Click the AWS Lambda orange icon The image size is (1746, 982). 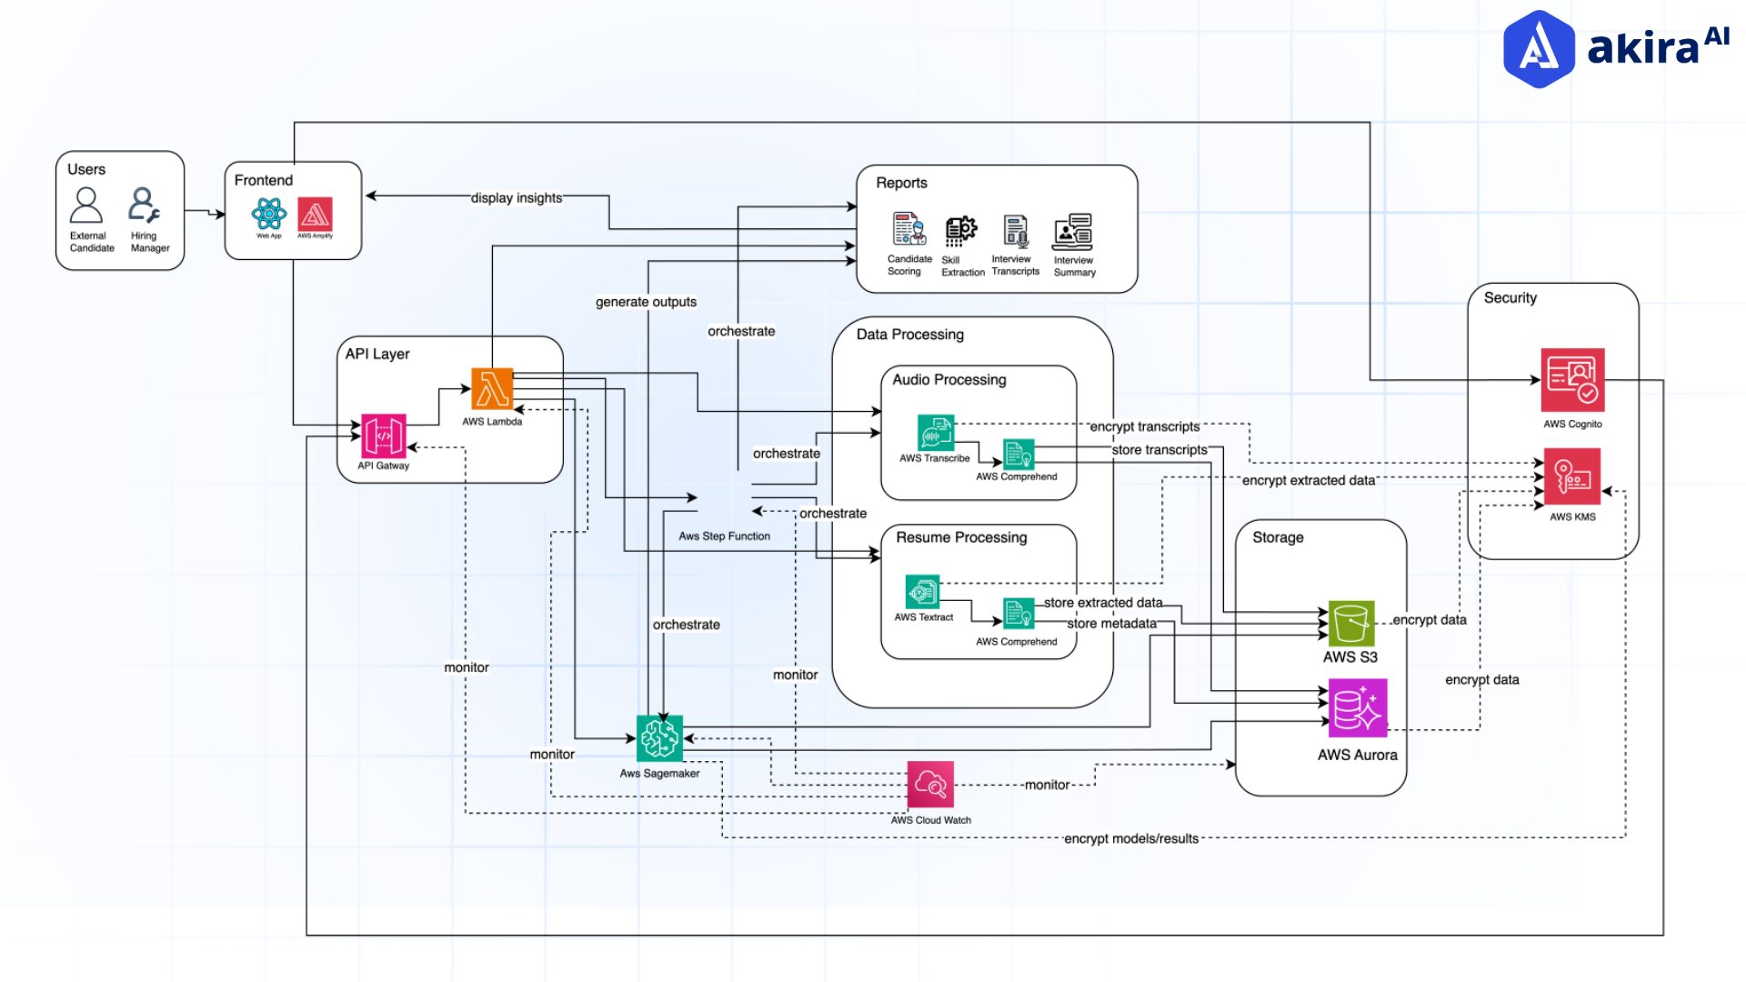click(x=492, y=389)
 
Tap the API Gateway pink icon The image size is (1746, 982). click(x=383, y=436)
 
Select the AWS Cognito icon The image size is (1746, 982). click(x=1572, y=380)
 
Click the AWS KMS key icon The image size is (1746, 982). click(x=1572, y=476)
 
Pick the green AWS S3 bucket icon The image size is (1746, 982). click(x=1350, y=623)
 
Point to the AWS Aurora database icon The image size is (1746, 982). click(x=1358, y=708)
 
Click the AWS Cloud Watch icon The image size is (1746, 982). click(x=930, y=784)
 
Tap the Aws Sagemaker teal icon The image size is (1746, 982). click(x=659, y=737)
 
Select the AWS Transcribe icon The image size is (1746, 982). click(x=935, y=433)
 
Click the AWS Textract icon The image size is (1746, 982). click(x=922, y=592)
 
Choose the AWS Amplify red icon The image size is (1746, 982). click(x=315, y=215)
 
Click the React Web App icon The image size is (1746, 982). click(x=269, y=215)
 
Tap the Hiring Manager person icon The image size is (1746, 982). click(x=144, y=205)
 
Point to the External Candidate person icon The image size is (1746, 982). click(x=86, y=205)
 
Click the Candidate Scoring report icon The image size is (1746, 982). click(x=908, y=229)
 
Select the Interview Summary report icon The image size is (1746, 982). click(x=1073, y=232)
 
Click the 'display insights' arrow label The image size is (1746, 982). click(x=516, y=198)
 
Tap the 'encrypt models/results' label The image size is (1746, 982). click(x=1130, y=838)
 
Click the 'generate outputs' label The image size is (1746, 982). click(x=646, y=302)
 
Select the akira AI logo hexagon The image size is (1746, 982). click(x=1539, y=49)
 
